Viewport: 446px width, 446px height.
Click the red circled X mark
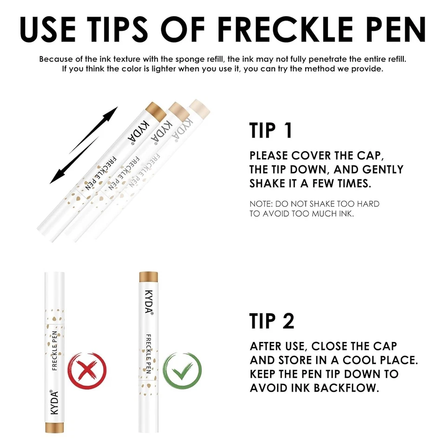pyautogui.click(x=87, y=372)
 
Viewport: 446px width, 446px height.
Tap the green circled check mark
pyautogui.click(x=182, y=372)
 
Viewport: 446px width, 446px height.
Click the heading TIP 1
pyautogui.click(x=271, y=131)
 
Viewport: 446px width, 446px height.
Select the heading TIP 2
pyautogui.click(x=272, y=321)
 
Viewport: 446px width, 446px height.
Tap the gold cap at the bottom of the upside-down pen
pyautogui.click(x=54, y=427)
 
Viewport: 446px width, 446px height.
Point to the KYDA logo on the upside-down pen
pyautogui.click(x=54, y=400)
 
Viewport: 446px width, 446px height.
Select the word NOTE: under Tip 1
pyautogui.click(x=261, y=204)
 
